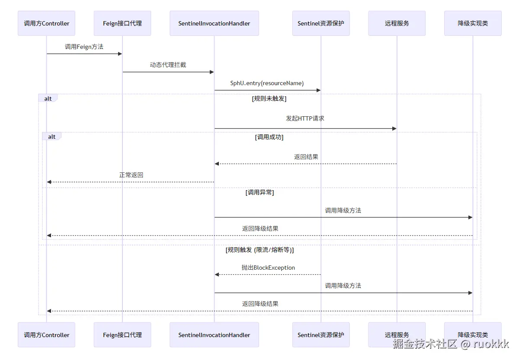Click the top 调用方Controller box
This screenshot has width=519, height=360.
(x=46, y=23)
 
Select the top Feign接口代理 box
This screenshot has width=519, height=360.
(x=122, y=23)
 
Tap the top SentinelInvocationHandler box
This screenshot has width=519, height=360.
(x=214, y=23)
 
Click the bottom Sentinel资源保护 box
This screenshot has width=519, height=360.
(x=321, y=335)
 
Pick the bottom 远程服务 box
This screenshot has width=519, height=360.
(x=397, y=335)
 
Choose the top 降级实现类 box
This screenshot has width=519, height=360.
(x=473, y=23)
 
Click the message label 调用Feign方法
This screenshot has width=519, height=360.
(x=84, y=47)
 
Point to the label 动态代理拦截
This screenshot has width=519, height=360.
(x=168, y=65)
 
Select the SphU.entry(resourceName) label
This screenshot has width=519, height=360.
(x=267, y=83)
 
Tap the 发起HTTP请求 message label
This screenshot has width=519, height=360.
(x=305, y=118)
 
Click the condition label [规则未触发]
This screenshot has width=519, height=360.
(x=269, y=99)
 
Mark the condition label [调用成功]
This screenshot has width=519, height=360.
(x=269, y=137)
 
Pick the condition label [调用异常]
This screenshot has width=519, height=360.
(x=259, y=192)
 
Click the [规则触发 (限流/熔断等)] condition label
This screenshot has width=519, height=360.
(x=259, y=250)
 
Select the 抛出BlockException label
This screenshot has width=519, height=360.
(x=268, y=268)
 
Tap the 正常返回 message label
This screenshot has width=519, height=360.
(x=131, y=175)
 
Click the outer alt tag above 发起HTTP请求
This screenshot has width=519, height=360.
(x=48, y=99)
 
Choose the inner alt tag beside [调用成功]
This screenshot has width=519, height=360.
(x=51, y=137)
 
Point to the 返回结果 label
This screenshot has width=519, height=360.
(x=306, y=157)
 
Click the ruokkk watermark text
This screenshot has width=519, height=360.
(x=490, y=344)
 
